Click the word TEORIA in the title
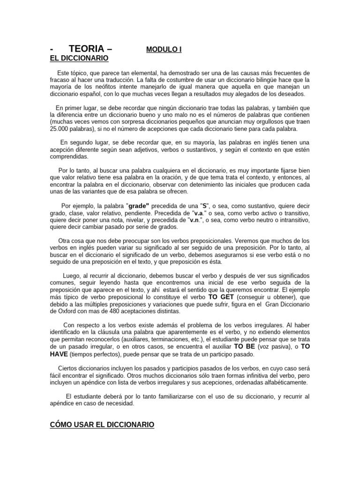pos(86,49)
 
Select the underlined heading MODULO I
pos(164,49)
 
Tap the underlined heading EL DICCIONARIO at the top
pos(79,58)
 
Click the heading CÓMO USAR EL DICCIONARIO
pos(102,424)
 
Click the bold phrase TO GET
pos(221,297)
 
